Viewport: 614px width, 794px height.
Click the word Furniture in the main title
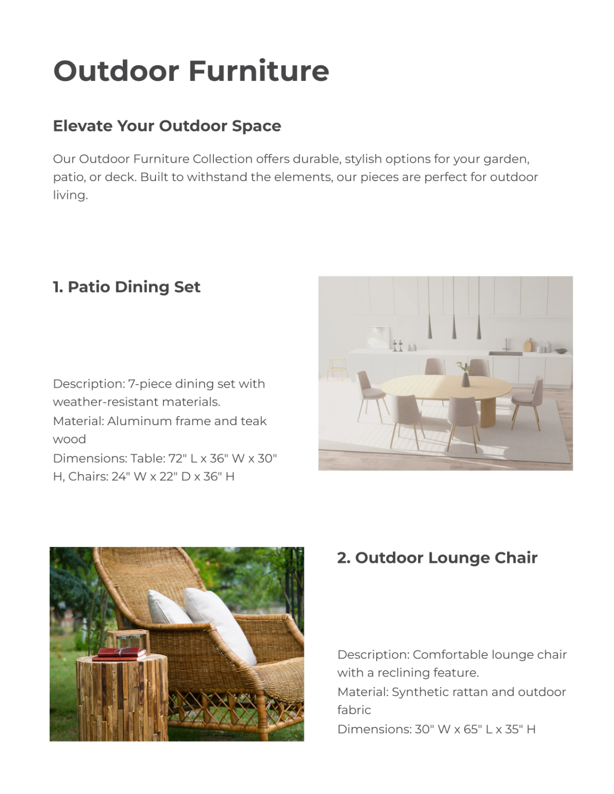pyautogui.click(x=259, y=71)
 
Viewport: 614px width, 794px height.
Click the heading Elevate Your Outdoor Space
pyautogui.click(x=167, y=126)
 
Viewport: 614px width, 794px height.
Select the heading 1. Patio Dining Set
pyautogui.click(x=126, y=287)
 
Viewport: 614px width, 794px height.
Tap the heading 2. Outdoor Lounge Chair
pyautogui.click(x=437, y=558)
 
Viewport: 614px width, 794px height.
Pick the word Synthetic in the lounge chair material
pyautogui.click(x=414, y=692)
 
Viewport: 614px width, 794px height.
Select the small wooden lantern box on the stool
pyautogui.click(x=128, y=639)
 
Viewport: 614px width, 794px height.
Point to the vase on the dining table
pyautogui.click(x=465, y=379)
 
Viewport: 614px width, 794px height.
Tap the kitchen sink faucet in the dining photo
pyautogui.click(x=505, y=344)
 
